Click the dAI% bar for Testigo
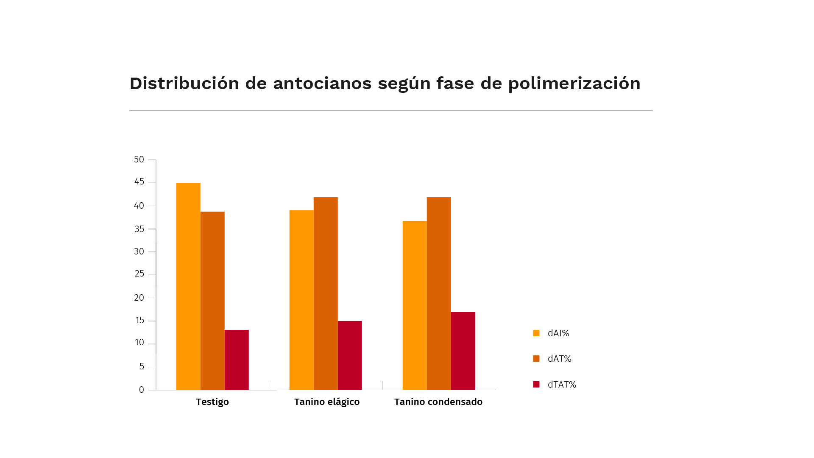point(188,286)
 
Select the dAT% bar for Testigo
point(212,301)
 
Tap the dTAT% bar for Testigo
point(237,360)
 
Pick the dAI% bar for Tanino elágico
point(301,300)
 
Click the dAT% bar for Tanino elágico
point(326,293)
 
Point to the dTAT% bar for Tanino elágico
point(350,355)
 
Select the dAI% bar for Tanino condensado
point(415,305)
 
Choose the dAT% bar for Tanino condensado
point(439,293)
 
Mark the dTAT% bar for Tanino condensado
point(463,351)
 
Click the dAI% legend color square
point(536,333)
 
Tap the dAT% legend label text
point(559,359)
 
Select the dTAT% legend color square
point(536,384)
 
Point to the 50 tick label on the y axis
point(139,159)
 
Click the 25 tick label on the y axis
point(139,274)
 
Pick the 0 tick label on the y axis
point(142,390)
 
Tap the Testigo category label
point(212,402)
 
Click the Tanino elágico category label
point(327,402)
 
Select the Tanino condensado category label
point(438,402)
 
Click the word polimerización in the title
point(574,84)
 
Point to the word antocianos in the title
point(322,84)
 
